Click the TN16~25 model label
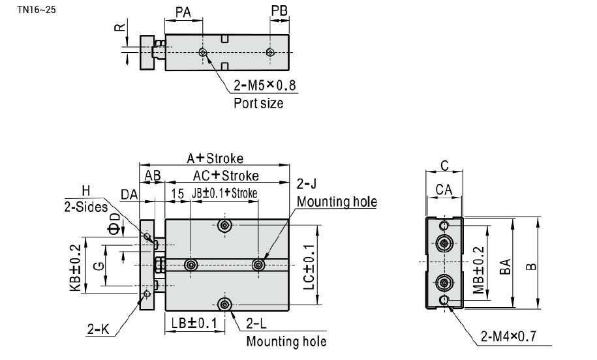coord(36,10)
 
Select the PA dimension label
coord(183,12)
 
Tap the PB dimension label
coord(279,10)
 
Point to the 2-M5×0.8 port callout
coord(265,85)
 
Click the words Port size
coord(258,103)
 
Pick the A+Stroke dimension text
coord(215,158)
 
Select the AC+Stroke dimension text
coord(226,175)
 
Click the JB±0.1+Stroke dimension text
coord(224,193)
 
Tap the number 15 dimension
coord(177,194)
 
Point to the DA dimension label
coord(129,195)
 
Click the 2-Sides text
coord(86,207)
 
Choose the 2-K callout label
coord(99,329)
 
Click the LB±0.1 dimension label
coord(194,323)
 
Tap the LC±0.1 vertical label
coord(309,266)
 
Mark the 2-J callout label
coord(306,184)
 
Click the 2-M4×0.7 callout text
coord(508,336)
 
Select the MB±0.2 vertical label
coord(478,271)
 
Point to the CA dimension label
coord(444,189)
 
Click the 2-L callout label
coord(256,323)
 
